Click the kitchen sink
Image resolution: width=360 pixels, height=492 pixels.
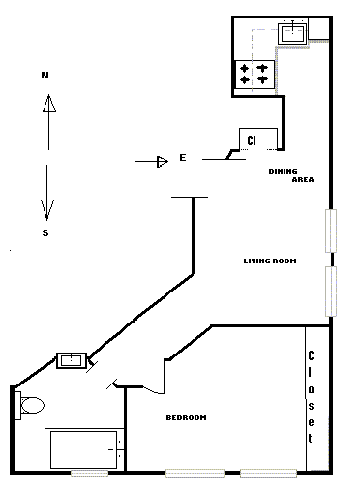[292, 33]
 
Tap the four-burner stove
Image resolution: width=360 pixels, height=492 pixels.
[255, 75]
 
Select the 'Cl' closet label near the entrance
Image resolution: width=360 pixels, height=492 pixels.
[252, 140]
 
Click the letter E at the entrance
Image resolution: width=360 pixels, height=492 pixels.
[183, 158]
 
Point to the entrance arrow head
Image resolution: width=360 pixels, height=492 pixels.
[163, 161]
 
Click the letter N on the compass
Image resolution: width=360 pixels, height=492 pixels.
[45, 76]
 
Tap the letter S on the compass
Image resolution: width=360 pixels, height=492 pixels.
[45, 232]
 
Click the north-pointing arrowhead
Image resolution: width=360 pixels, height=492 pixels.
[49, 104]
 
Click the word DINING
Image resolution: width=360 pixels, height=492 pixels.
[283, 171]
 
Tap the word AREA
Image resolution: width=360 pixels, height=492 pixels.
[303, 179]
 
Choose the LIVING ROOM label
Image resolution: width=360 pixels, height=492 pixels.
[270, 261]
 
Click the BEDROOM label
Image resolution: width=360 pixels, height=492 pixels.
[186, 417]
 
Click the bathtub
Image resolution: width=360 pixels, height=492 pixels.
[84, 449]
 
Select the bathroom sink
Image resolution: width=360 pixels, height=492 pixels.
[72, 360]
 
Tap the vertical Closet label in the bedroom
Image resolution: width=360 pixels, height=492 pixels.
[311, 397]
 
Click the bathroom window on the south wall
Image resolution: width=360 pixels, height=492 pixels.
[90, 473]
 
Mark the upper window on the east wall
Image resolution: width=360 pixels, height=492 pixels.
[331, 231]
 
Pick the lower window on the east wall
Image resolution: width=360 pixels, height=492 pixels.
[331, 292]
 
